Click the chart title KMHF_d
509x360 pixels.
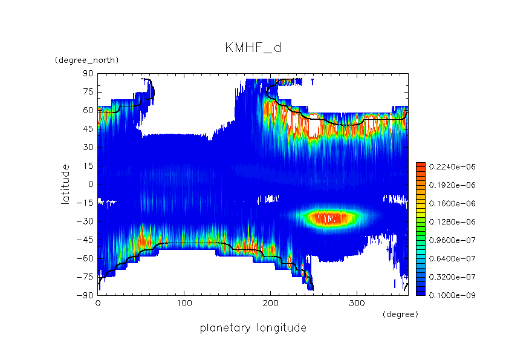click(x=253, y=48)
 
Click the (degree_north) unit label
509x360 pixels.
click(x=86, y=61)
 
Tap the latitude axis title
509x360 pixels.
click(x=65, y=184)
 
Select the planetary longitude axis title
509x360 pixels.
click(x=253, y=328)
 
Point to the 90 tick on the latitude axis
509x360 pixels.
click(x=88, y=73)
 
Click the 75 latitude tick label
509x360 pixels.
click(x=88, y=92)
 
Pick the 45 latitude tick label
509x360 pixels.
click(x=88, y=129)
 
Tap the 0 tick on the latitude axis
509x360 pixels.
click(x=91, y=184)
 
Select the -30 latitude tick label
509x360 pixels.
click(x=86, y=221)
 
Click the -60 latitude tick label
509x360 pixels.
click(x=86, y=258)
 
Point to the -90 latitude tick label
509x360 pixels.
click(x=86, y=295)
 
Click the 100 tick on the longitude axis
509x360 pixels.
click(x=184, y=303)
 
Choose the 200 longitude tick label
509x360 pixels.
click(x=271, y=303)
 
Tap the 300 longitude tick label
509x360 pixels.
click(x=357, y=303)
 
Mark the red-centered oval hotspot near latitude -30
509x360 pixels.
click(x=330, y=217)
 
